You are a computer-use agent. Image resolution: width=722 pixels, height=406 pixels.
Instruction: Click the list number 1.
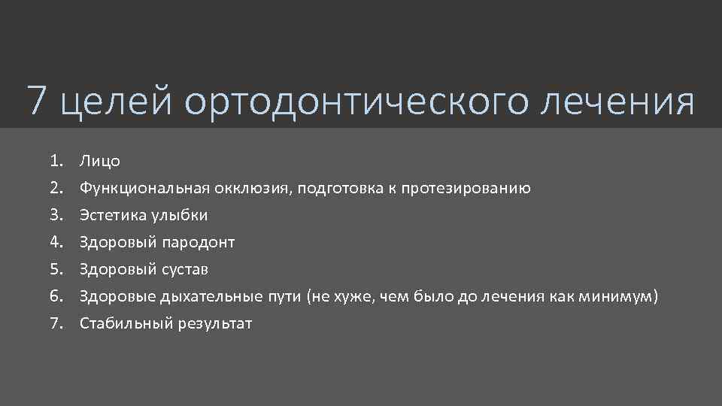coord(55,161)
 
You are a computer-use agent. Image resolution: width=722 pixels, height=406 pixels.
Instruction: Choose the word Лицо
coord(100,161)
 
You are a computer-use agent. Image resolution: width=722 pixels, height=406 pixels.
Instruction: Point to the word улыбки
coord(180,216)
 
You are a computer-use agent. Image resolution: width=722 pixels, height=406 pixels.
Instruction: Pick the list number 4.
coord(55,242)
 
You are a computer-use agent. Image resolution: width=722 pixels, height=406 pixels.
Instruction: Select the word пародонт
coord(198,243)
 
